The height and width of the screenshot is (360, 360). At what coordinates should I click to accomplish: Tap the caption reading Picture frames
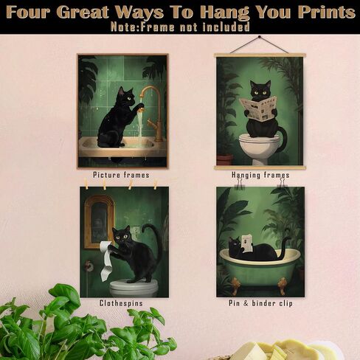pos(121,175)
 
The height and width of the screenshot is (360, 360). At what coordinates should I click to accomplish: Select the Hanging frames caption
pos(260,175)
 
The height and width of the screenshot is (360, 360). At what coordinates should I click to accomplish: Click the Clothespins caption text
pos(121,303)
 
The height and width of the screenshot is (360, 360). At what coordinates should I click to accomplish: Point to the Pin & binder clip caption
pos(260,303)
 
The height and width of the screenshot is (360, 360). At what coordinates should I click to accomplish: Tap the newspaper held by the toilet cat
pos(257,108)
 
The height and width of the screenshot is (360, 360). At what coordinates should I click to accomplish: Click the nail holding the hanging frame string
pos(259,37)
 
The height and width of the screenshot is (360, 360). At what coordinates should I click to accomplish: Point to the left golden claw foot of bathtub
pos(235,286)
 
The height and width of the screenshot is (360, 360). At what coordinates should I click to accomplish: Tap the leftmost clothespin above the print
pos(86,184)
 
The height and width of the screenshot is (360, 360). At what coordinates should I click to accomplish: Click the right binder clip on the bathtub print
pos(283,183)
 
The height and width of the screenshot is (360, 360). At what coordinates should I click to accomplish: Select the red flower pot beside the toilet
pos(224,159)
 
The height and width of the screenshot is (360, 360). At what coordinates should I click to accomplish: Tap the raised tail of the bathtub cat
pos(285,246)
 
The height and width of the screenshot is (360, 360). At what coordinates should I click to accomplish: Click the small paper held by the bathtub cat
pos(247,243)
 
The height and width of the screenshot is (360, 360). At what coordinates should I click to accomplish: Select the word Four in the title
pos(30,12)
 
